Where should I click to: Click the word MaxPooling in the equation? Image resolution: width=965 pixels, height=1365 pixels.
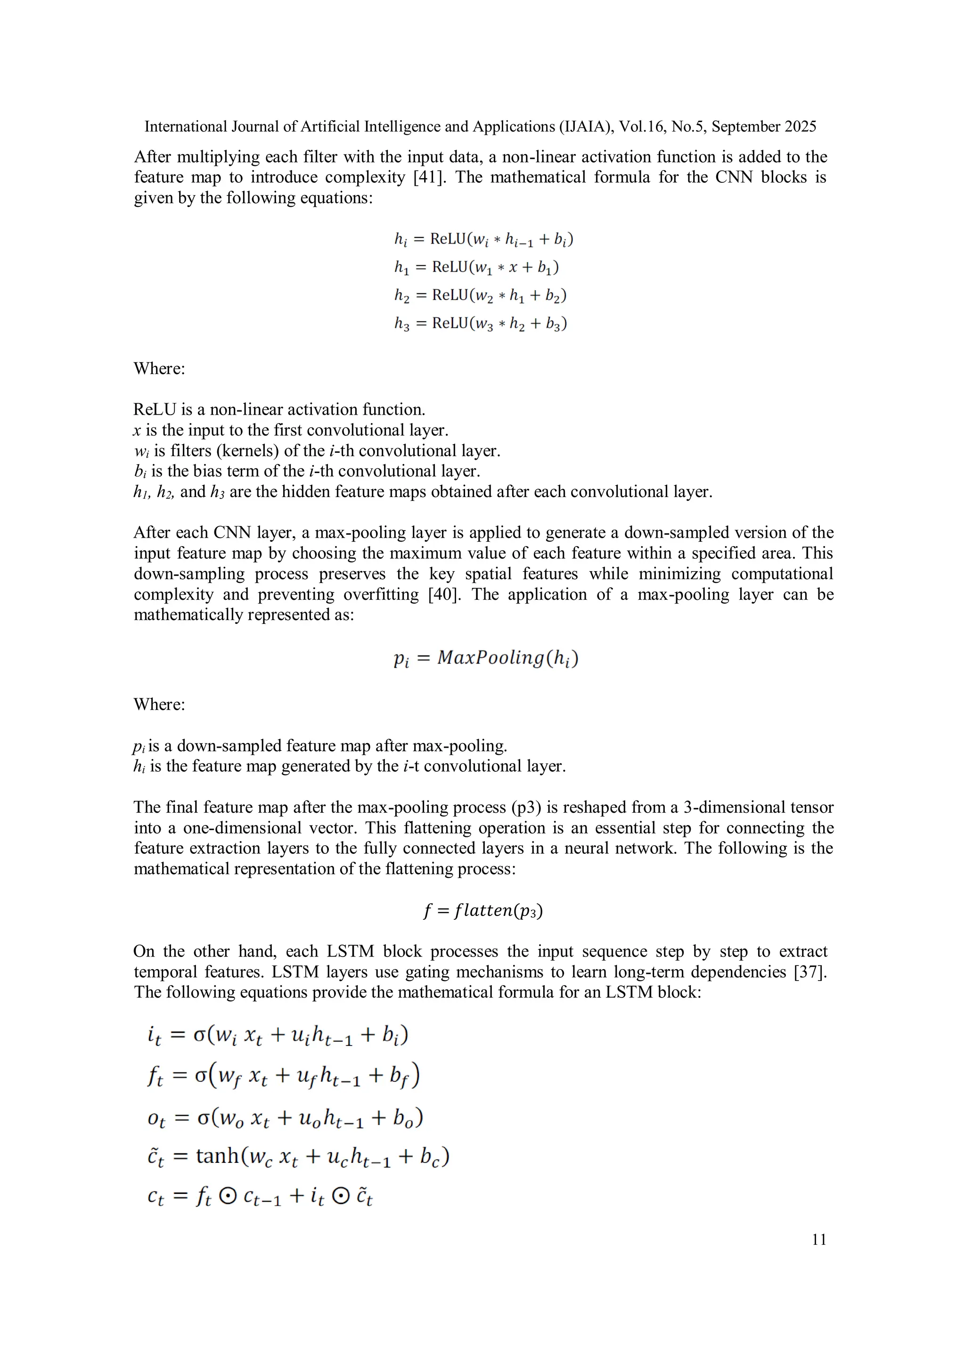point(491,658)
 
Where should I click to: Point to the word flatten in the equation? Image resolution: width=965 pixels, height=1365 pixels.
point(483,910)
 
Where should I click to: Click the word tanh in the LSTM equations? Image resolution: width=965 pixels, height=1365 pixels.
point(217,1155)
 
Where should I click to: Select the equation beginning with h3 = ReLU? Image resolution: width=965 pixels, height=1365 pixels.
point(481,323)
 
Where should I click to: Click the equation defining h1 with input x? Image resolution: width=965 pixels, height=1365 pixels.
point(477,268)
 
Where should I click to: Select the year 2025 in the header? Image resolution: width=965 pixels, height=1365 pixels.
point(800,127)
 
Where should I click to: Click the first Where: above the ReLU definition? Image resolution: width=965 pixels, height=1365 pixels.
point(159,368)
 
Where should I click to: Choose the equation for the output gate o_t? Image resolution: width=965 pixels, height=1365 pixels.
point(286,1118)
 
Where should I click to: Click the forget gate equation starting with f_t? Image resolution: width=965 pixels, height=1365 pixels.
point(284,1076)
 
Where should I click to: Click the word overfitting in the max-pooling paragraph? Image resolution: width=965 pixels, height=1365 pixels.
point(381,595)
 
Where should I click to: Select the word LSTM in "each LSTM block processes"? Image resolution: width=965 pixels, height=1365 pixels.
point(350,951)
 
